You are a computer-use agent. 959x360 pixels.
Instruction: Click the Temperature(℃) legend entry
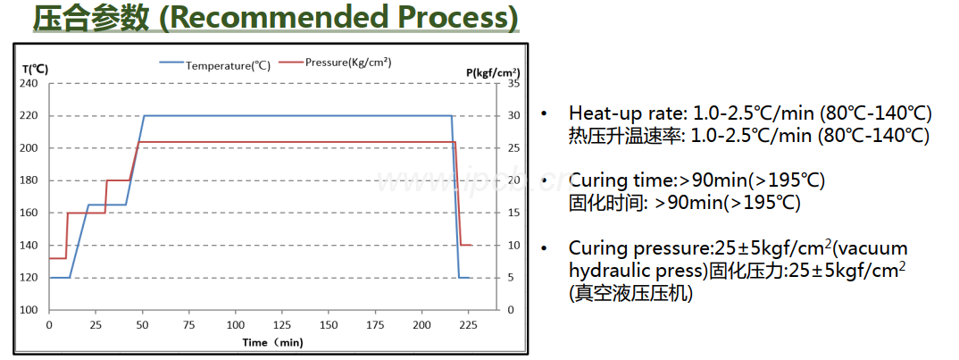[227, 65]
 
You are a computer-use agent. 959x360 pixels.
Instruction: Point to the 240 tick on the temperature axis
[29, 83]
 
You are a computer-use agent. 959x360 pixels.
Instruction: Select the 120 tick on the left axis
[29, 277]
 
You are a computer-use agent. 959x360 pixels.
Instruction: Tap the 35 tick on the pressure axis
[513, 83]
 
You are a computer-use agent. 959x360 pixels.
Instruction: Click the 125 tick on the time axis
[282, 324]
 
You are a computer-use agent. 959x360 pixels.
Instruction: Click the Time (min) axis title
[273, 342]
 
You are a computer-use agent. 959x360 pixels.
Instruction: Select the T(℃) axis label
[35, 69]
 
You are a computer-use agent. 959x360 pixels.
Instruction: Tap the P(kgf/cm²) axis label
[492, 71]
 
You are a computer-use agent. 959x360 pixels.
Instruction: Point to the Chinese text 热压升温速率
[626, 136]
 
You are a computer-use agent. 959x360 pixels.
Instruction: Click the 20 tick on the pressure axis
[513, 180]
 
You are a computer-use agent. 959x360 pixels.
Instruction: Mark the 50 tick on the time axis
[142, 324]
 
